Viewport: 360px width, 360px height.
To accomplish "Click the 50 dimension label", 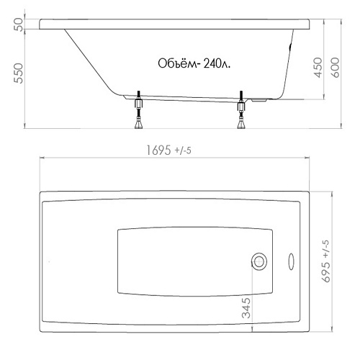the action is tap(19, 24).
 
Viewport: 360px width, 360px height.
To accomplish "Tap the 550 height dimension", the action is tap(19, 73).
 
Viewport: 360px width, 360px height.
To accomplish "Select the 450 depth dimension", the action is tap(318, 68).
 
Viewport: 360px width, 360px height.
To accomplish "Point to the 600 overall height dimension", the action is tap(336, 68).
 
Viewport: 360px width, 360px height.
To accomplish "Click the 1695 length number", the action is tap(158, 150).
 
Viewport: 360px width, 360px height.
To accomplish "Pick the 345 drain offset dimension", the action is tap(246, 308).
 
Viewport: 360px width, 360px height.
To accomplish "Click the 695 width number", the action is tap(326, 271).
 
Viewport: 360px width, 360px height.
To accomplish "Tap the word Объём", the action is tap(177, 63).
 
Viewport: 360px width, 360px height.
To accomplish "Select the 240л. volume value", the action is tap(217, 64).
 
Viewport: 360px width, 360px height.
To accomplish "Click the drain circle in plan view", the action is tap(259, 261).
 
